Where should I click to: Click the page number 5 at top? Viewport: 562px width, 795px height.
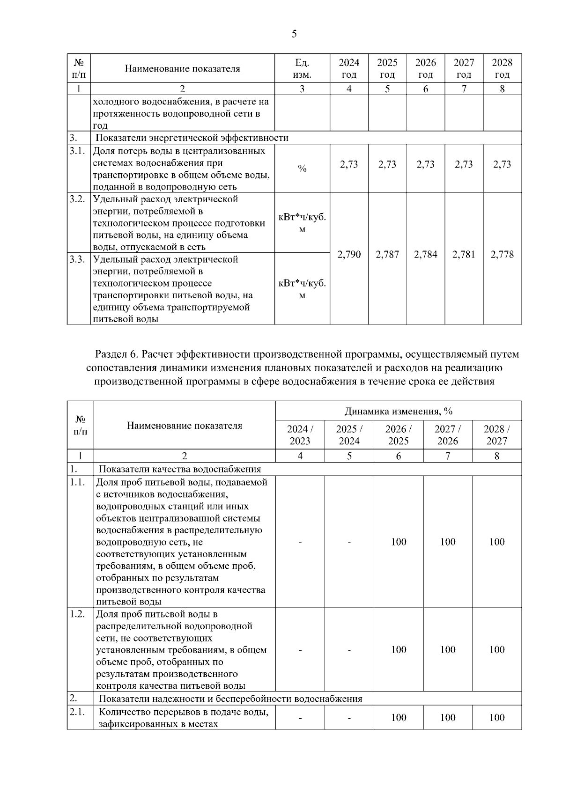point(294,34)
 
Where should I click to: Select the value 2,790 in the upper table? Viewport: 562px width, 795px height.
point(349,254)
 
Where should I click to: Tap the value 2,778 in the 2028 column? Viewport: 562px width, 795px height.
point(502,254)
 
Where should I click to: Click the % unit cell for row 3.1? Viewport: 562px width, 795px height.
point(302,169)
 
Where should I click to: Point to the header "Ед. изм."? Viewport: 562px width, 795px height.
point(302,68)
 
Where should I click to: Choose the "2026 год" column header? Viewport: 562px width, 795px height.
point(425,68)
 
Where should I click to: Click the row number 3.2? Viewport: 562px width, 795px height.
point(77,199)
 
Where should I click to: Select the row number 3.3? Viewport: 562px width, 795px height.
point(77,259)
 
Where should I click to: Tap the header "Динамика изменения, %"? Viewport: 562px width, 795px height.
point(398,411)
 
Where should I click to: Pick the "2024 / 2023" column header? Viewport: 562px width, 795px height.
point(300,435)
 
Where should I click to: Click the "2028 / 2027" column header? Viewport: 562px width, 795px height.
point(496,435)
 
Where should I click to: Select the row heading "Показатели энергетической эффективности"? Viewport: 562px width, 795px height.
point(192,138)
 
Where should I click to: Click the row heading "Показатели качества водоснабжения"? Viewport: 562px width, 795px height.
point(180,469)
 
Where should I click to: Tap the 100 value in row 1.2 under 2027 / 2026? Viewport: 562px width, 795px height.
point(448,649)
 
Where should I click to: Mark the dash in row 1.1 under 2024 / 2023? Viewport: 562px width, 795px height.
point(300,542)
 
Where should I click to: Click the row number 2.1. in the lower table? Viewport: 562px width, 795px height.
point(77,712)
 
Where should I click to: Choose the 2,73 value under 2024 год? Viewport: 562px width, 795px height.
point(349,164)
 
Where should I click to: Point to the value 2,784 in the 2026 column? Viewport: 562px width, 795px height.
point(425,254)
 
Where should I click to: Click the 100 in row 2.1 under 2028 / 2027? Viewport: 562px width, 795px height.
point(496,717)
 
